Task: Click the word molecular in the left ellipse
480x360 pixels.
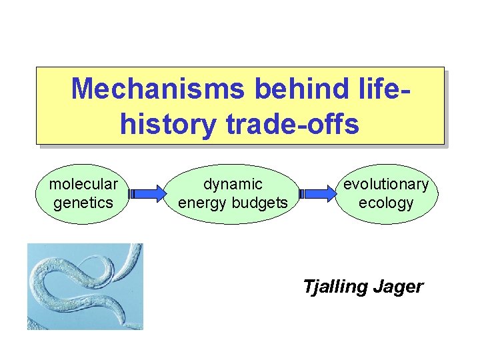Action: (x=83, y=183)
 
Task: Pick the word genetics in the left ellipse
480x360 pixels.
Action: (x=83, y=202)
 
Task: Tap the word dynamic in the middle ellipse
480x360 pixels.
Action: (x=233, y=183)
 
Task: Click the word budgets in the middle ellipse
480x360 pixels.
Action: (x=262, y=202)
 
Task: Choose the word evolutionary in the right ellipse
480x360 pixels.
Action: (x=386, y=183)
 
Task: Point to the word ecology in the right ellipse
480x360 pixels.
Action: (x=386, y=202)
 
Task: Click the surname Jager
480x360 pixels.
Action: (x=397, y=287)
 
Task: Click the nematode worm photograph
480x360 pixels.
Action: (x=85, y=286)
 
